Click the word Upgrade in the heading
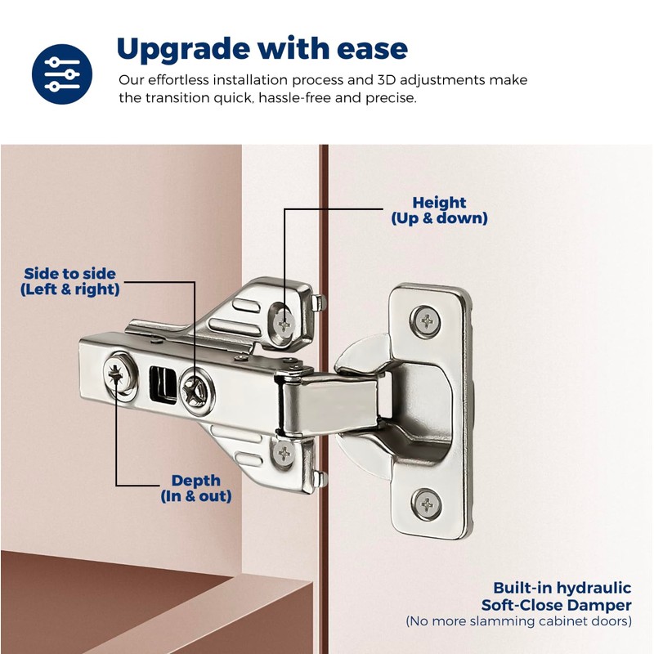[180, 49]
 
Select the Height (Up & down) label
[439, 211]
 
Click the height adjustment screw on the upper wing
[284, 321]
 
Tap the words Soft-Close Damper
[556, 605]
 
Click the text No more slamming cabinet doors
[519, 622]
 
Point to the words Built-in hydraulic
[562, 588]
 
